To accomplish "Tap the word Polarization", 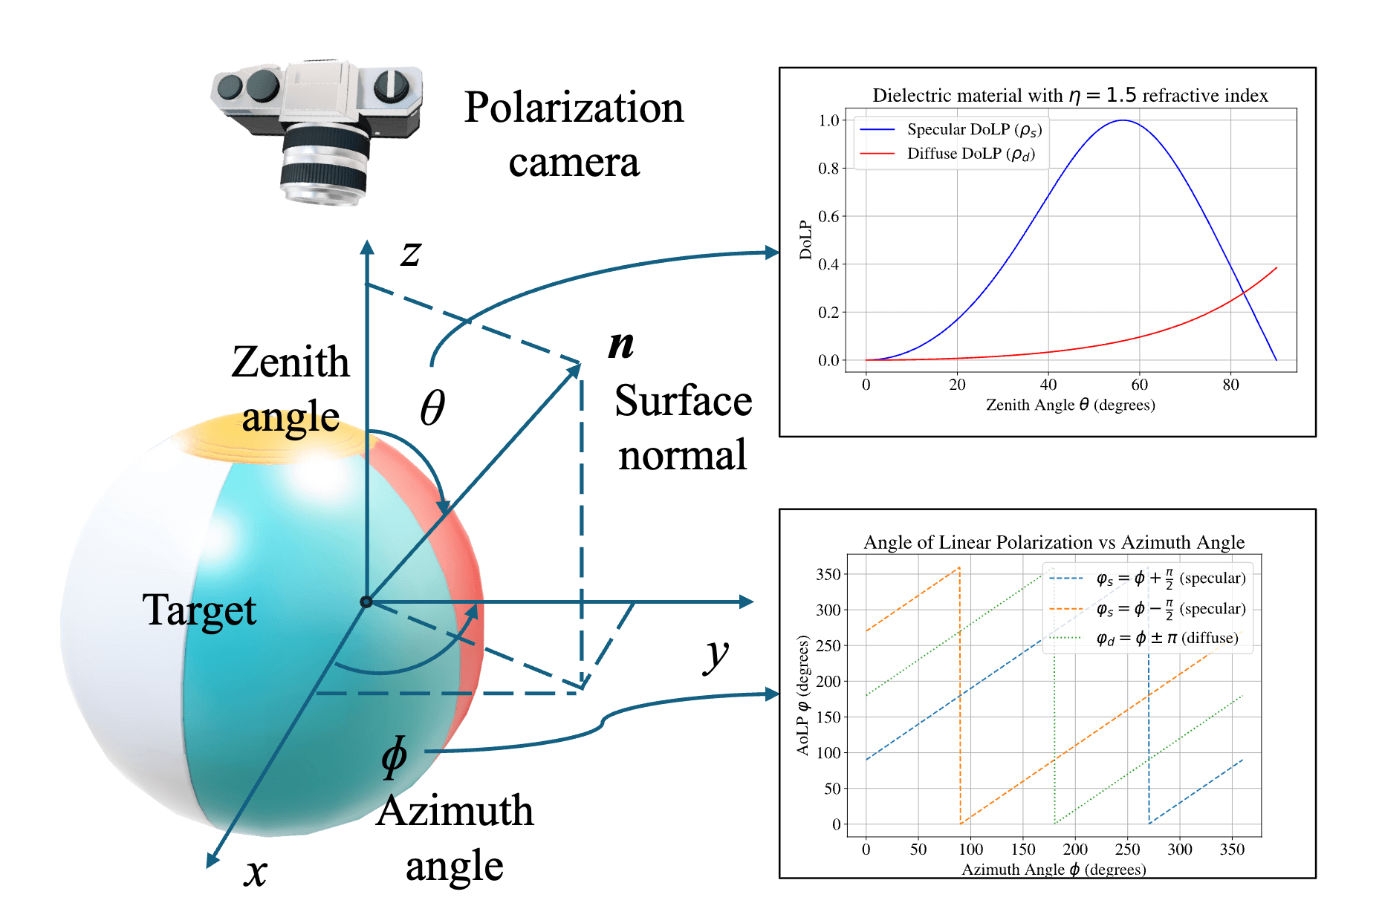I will point(574,108).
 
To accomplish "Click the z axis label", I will point(410,253).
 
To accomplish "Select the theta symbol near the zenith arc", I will point(432,408).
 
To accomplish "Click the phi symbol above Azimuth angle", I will point(394,757).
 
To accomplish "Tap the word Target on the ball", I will point(199,610).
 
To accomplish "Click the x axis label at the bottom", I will point(255,872).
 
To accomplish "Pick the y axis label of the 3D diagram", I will point(716,655).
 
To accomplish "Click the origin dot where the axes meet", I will point(366,602).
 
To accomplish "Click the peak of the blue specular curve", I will point(1122,121).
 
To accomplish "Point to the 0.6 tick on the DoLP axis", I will point(828,216).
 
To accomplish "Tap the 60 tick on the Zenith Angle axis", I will point(1139,385).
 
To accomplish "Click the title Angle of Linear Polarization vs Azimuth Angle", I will point(1054,542).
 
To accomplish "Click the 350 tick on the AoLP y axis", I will point(828,574).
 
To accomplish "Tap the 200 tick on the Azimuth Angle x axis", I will point(1075,850).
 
